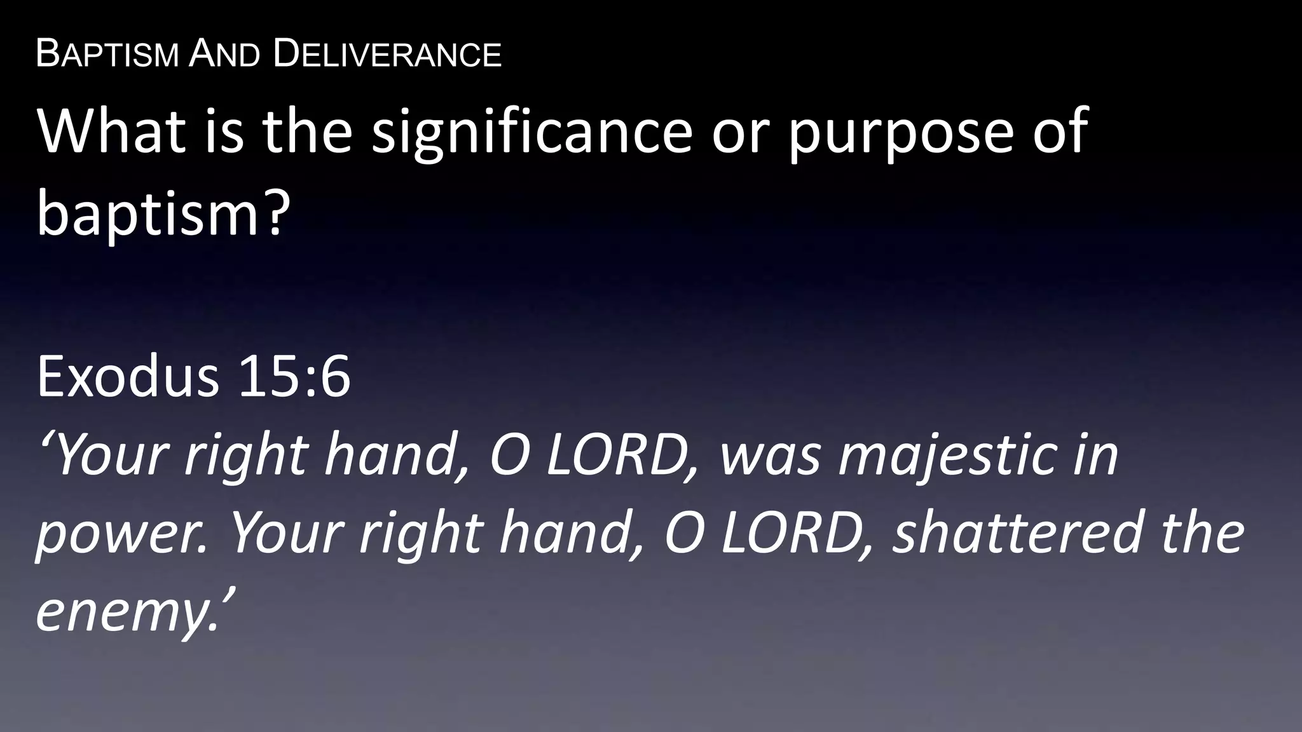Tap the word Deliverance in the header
tap(387, 54)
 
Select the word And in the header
tap(224, 54)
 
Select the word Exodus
tap(128, 376)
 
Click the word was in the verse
tap(770, 456)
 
